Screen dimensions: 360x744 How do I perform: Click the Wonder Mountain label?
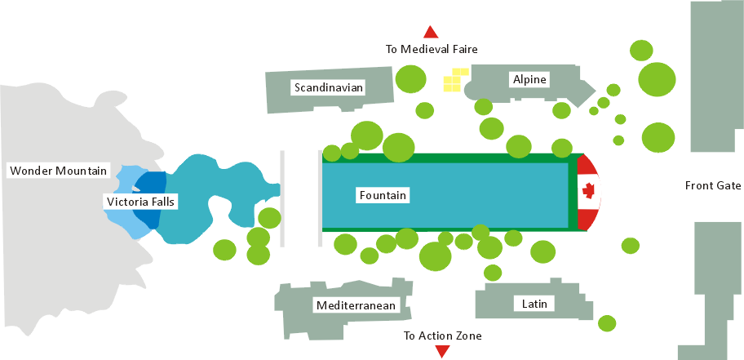(x=58, y=171)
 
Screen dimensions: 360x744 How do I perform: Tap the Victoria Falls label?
(x=140, y=201)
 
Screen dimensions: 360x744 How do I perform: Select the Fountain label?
(x=383, y=195)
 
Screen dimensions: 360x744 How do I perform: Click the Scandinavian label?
(x=329, y=87)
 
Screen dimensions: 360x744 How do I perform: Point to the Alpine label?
(x=529, y=79)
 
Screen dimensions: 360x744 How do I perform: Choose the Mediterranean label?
(x=356, y=306)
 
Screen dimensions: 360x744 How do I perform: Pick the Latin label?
(x=534, y=304)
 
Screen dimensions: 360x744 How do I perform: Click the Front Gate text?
(x=712, y=185)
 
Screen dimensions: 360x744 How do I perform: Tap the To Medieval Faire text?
(x=431, y=49)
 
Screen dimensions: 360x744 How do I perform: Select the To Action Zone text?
(x=443, y=336)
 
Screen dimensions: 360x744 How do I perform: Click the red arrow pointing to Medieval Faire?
(x=431, y=33)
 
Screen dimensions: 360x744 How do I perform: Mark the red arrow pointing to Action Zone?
(x=442, y=351)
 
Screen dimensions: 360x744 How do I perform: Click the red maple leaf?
(x=588, y=191)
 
